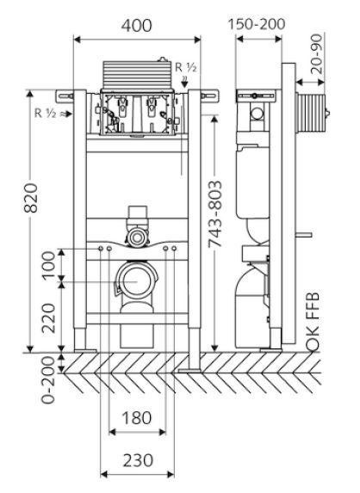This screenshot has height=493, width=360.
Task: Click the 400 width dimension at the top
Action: (x=137, y=26)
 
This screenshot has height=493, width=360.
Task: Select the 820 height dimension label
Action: (x=32, y=198)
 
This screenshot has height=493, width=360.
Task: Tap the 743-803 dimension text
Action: (x=215, y=214)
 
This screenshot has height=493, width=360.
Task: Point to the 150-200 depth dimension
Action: (x=257, y=24)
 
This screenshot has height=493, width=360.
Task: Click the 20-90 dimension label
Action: (x=317, y=53)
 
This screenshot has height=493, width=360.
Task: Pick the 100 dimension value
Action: (x=49, y=266)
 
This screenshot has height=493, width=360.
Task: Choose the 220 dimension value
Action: (x=49, y=317)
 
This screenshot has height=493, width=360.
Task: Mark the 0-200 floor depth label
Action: (x=48, y=379)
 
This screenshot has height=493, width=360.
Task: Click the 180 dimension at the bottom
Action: (x=137, y=418)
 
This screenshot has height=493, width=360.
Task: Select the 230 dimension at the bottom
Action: (x=138, y=460)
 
